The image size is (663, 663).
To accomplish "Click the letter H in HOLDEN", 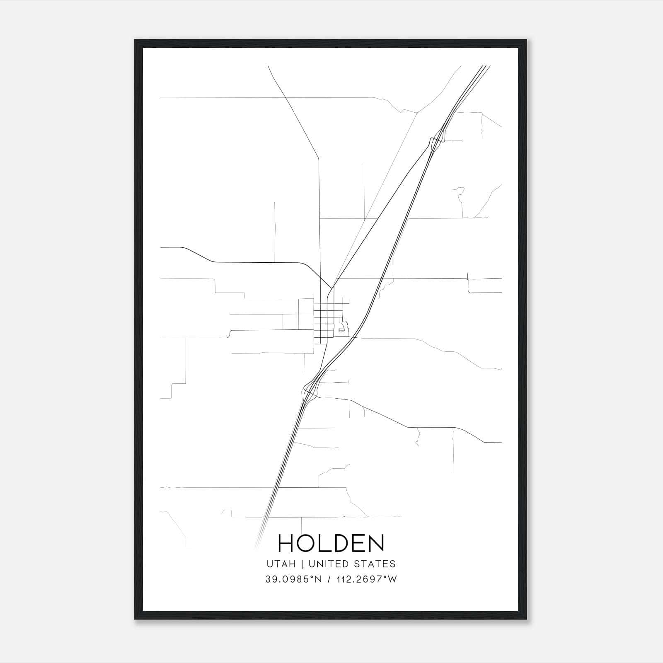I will coord(286,543).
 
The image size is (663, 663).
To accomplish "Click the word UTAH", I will coord(281,564).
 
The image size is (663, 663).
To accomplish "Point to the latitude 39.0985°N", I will coord(294,579).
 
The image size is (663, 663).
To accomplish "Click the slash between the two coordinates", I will coord(329,579).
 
